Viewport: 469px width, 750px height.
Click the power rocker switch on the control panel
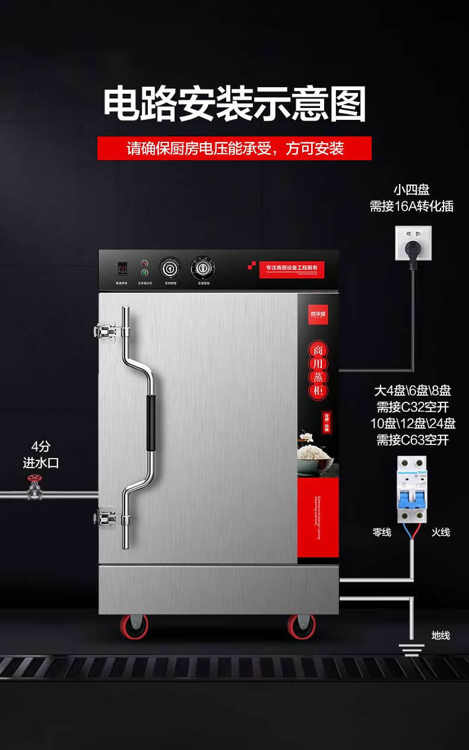[122, 268]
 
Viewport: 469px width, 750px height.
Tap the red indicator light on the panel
[144, 263]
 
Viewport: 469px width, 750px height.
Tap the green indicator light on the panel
[144, 273]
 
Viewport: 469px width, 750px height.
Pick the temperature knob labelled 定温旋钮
[202, 268]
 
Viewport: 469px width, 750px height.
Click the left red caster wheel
[134, 626]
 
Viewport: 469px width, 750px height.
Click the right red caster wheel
[302, 626]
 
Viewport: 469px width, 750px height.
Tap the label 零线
[381, 532]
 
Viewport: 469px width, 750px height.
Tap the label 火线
[441, 532]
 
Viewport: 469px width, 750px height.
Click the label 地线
[441, 635]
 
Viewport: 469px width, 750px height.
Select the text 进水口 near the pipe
[41, 463]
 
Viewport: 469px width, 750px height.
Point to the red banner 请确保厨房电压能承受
[235, 148]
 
